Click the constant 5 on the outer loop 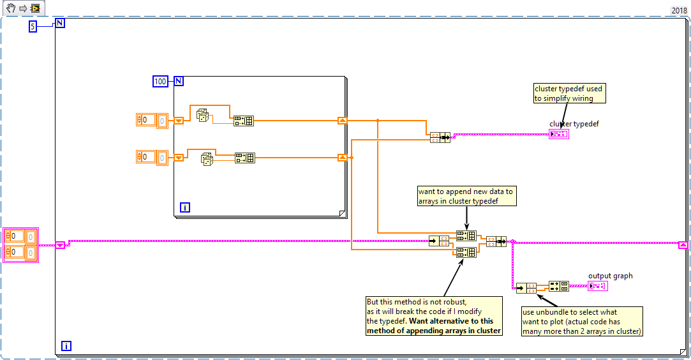33,26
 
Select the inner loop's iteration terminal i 184,207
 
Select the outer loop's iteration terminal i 66,346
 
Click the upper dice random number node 202,116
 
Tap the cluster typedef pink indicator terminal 558,134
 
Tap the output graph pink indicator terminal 598,285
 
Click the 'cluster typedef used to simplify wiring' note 569,93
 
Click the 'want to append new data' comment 466,196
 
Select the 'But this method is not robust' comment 434,316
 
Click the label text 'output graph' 610,276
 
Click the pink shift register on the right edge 683,244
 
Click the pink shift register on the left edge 60,244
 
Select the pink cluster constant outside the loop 21,244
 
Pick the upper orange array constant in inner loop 152,119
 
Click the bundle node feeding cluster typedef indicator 440,137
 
